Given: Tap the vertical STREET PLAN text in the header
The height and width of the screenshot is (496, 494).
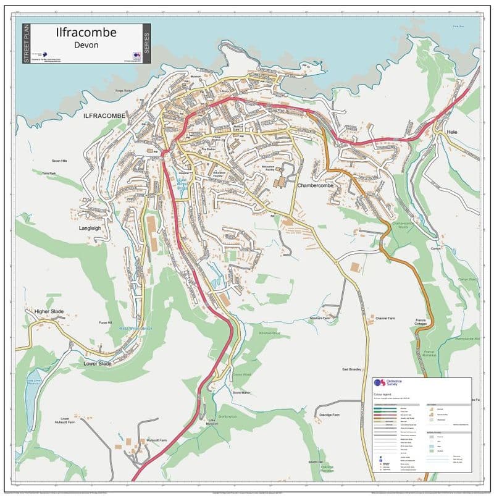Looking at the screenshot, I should pos(25,43).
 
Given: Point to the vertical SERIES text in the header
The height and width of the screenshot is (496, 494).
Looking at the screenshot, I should pos(146,43).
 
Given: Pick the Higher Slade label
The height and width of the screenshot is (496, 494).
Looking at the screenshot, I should pos(49,311).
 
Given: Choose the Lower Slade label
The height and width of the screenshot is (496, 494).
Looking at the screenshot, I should pos(98,364).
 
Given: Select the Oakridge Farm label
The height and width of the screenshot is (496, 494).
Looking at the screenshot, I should pos(328,415).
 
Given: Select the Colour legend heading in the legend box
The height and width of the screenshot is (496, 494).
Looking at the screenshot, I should pos(383,393).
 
